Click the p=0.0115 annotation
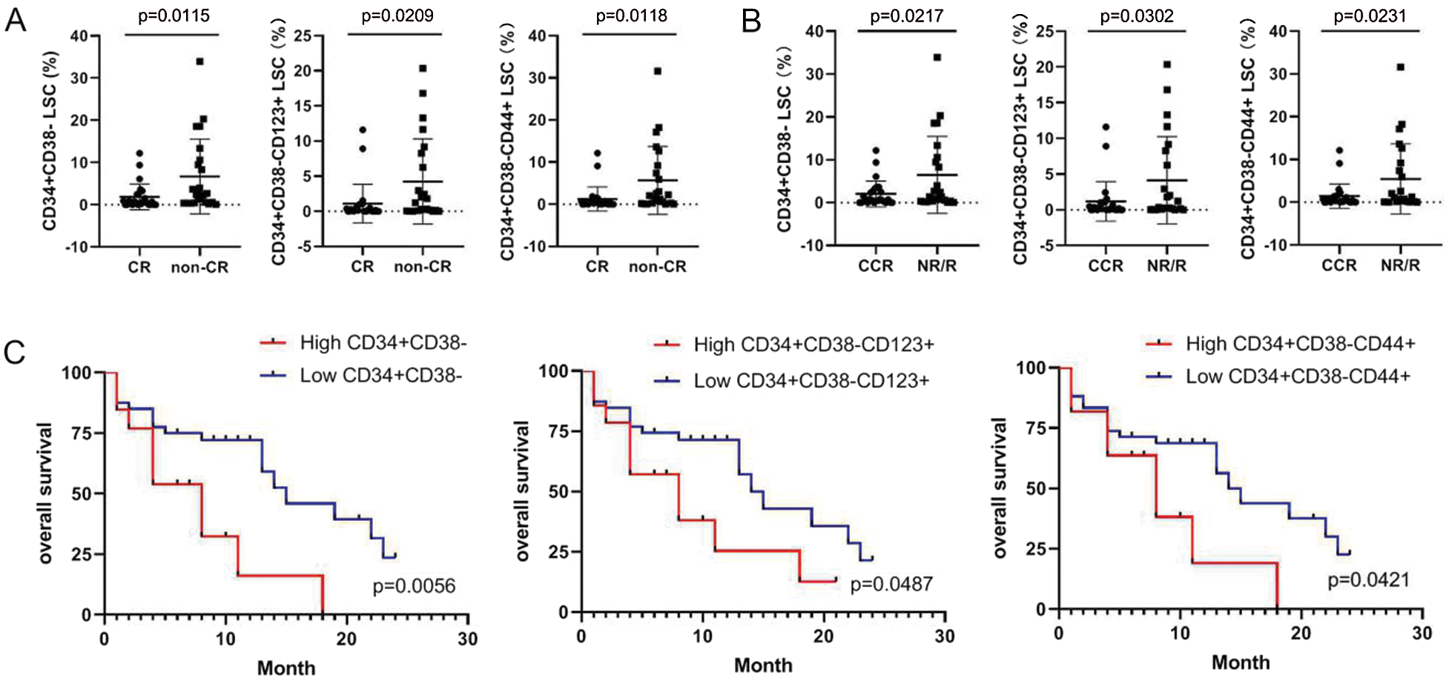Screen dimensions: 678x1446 click(174, 16)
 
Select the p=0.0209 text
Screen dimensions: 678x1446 click(397, 16)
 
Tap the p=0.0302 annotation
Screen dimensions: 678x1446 click(1137, 16)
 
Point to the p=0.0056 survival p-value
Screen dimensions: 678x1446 click(414, 586)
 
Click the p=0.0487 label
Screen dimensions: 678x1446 click(891, 585)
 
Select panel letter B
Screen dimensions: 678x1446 click(751, 21)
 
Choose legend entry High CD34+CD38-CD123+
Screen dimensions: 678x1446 click(813, 345)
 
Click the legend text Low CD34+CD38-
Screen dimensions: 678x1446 click(380, 376)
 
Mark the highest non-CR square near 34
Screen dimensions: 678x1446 click(199, 62)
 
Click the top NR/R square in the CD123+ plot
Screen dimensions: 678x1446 click(1166, 64)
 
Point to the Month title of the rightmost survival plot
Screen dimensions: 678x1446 click(1241, 662)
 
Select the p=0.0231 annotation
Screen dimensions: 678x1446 click(1370, 16)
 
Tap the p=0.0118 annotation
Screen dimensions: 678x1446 click(631, 16)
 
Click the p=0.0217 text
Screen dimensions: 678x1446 click(906, 16)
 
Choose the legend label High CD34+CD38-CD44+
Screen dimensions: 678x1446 click(1300, 344)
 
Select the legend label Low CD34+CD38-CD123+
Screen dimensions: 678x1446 click(811, 381)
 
